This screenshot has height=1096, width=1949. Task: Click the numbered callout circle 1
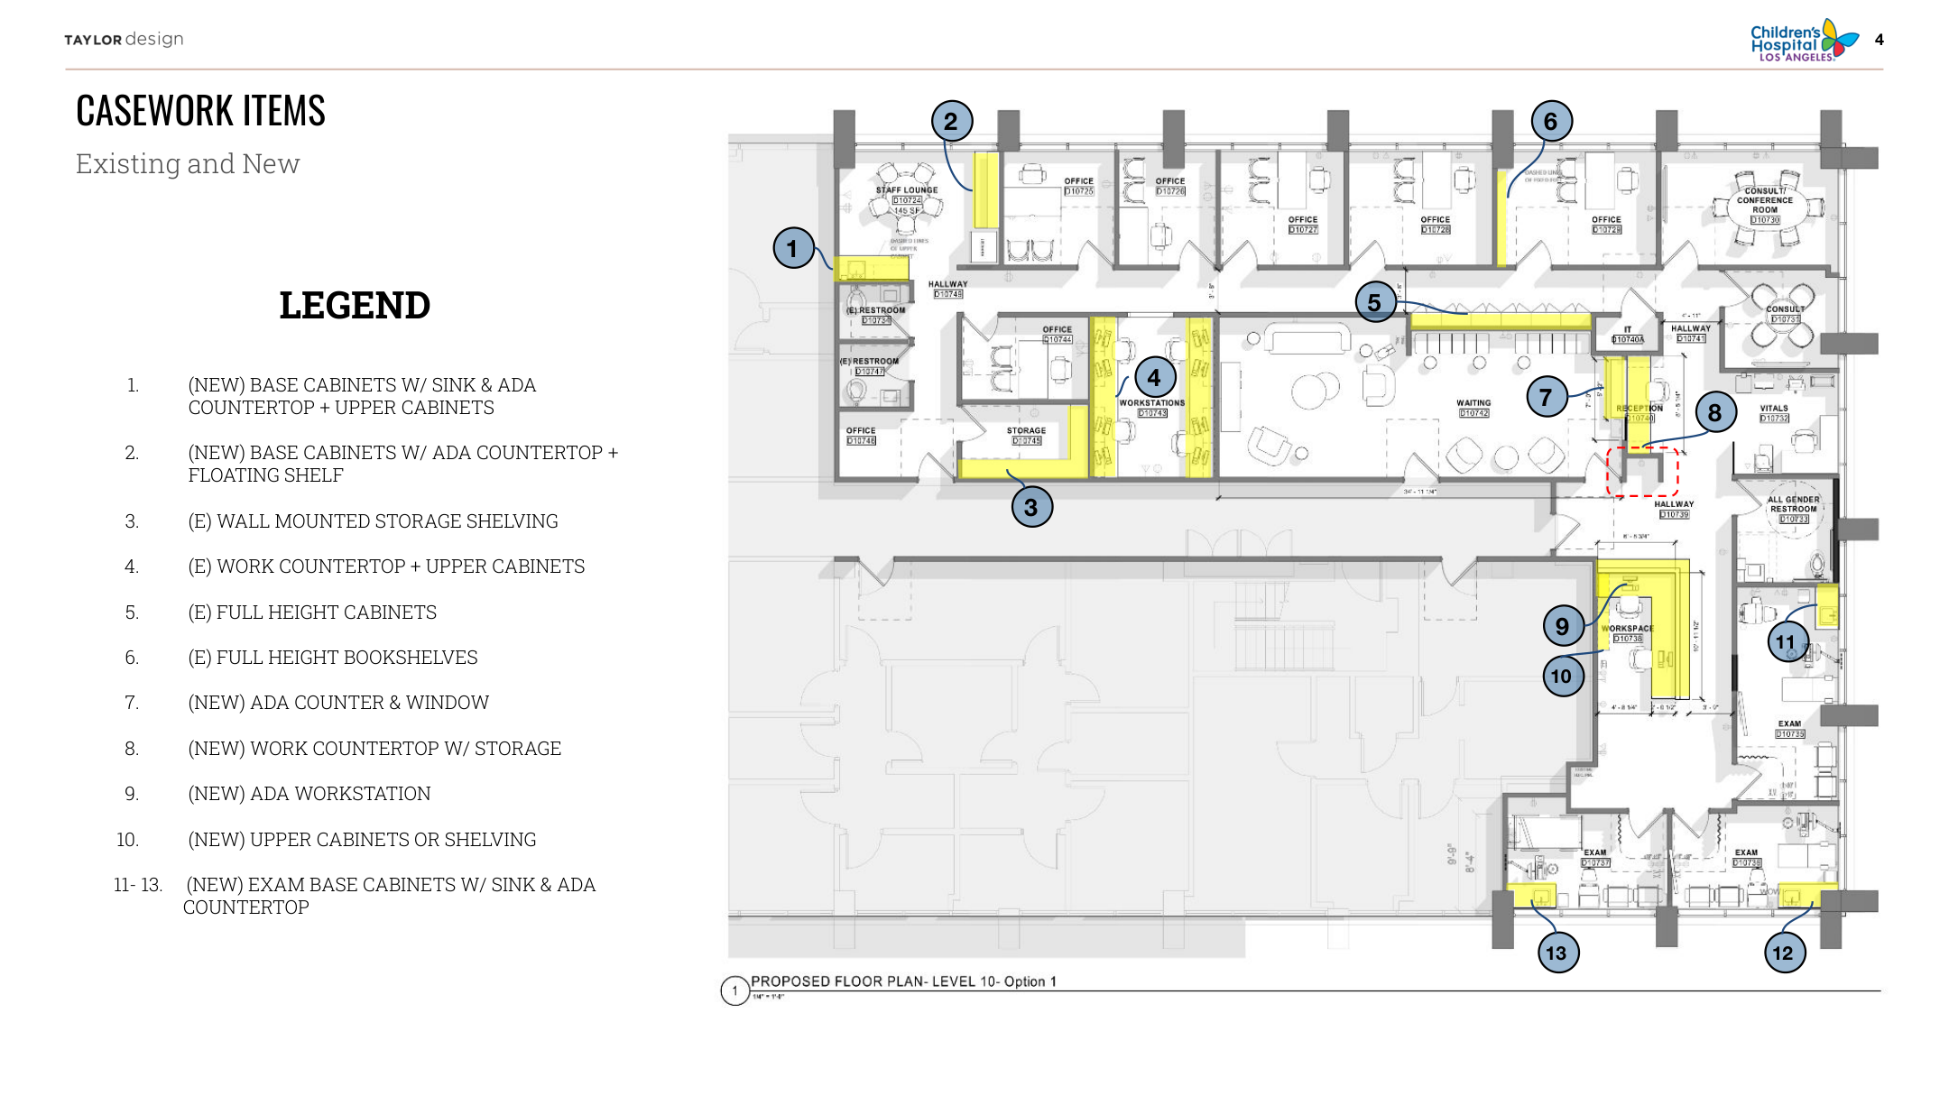pyautogui.click(x=793, y=248)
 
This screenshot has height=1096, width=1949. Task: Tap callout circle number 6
pyautogui.click(x=1551, y=121)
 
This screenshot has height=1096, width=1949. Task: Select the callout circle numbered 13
pyautogui.click(x=1556, y=953)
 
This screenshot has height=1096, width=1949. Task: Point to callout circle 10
pyautogui.click(x=1562, y=677)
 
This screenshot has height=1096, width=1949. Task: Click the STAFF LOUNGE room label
pyautogui.click(x=907, y=190)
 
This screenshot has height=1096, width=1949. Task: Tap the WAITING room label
pyautogui.click(x=1473, y=403)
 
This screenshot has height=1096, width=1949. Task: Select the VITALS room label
pyautogui.click(x=1774, y=409)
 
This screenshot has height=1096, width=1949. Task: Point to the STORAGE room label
pyautogui.click(x=1026, y=431)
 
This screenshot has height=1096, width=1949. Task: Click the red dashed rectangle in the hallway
pyautogui.click(x=1642, y=471)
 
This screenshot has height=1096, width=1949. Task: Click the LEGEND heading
pyautogui.click(x=355, y=306)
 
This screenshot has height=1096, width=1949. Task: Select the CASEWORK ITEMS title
pyautogui.click(x=200, y=111)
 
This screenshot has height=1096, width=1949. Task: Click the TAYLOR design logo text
pyautogui.click(x=124, y=40)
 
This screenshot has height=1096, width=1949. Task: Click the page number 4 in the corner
pyautogui.click(x=1880, y=40)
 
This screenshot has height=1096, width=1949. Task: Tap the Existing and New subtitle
pyautogui.click(x=188, y=164)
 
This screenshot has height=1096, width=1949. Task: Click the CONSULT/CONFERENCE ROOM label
pyautogui.click(x=1765, y=200)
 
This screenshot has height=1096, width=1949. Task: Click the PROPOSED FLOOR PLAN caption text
pyautogui.click(x=903, y=981)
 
